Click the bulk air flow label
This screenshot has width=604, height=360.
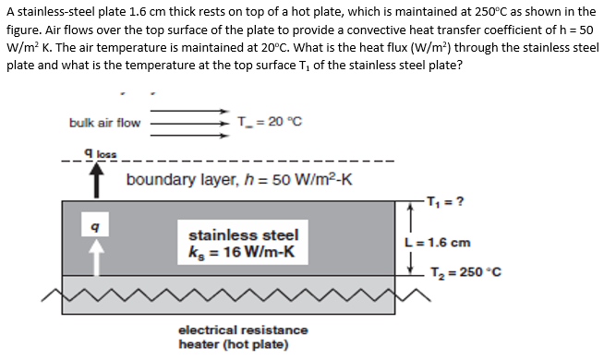point(104,122)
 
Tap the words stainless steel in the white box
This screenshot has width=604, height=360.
point(243,234)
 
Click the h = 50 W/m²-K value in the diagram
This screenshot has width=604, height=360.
point(293,179)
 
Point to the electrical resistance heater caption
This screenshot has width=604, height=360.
point(243,337)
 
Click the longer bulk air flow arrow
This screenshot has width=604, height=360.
point(190,121)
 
